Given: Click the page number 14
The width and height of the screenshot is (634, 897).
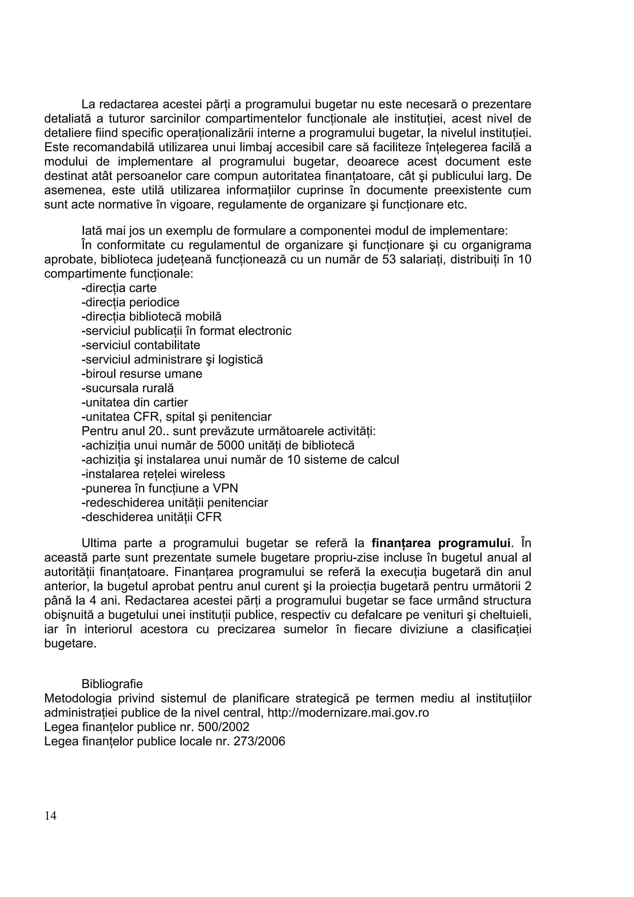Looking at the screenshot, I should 50,816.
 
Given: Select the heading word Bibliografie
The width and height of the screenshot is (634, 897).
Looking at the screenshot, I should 112,684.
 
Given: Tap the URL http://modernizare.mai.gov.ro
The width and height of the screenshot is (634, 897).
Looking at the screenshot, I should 348,713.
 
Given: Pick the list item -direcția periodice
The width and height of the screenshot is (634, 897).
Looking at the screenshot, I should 130,302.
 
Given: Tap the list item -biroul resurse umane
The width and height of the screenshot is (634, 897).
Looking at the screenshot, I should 142,374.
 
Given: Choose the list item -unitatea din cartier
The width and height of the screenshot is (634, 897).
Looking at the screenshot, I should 135,402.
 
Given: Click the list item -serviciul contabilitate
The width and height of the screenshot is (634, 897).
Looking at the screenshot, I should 141,345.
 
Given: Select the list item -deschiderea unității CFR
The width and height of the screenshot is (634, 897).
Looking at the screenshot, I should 151,517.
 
